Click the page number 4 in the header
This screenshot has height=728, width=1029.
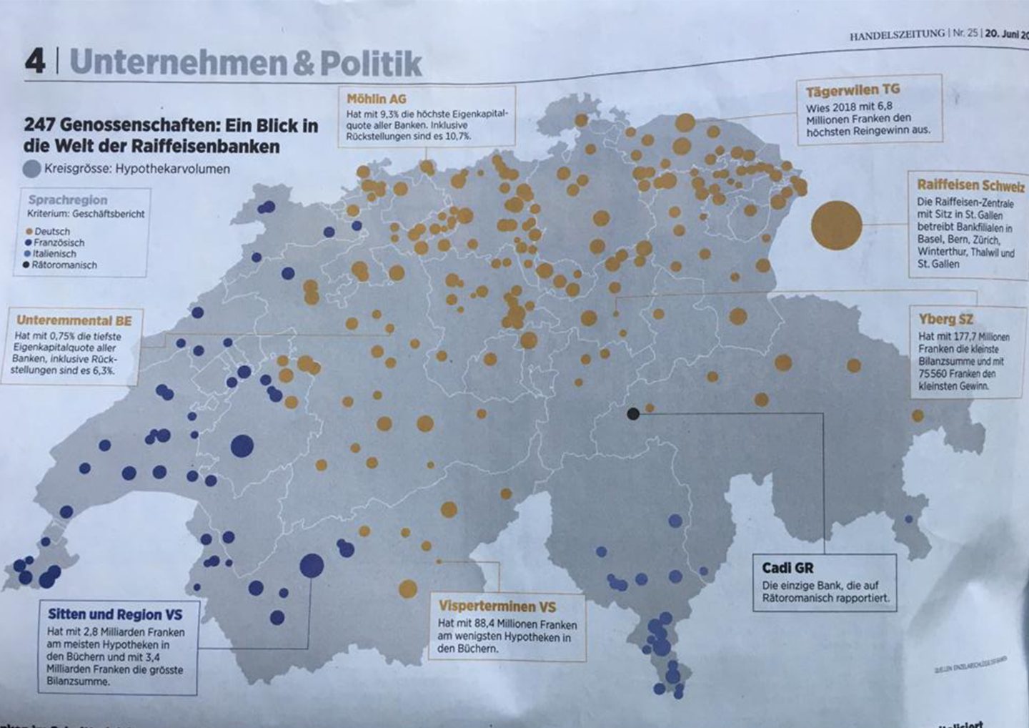(35, 62)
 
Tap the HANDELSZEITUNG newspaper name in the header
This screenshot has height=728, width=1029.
(897, 34)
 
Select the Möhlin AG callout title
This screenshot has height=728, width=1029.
(376, 99)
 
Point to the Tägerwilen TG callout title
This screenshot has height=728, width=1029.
(852, 91)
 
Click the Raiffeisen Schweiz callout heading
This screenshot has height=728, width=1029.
(970, 185)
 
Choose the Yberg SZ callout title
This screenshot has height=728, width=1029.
(945, 319)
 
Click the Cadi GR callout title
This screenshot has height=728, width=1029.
(787, 568)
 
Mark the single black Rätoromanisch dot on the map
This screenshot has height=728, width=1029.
(632, 413)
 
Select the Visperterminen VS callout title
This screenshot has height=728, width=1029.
(497, 606)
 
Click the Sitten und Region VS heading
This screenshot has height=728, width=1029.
(115, 614)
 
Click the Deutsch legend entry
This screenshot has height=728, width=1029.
(52, 232)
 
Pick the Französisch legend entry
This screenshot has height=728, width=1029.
(59, 242)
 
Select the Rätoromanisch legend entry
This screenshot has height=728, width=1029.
(64, 265)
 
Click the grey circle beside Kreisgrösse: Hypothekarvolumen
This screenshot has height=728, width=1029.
(32, 169)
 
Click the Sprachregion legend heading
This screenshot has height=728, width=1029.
(68, 200)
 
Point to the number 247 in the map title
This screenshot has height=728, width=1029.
(40, 126)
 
